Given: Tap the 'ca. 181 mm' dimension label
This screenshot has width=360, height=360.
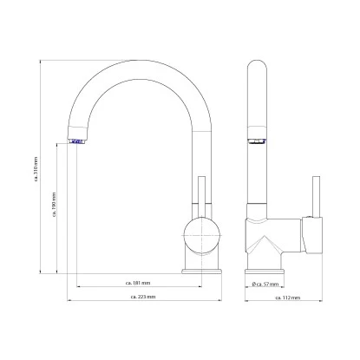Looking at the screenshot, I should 139,284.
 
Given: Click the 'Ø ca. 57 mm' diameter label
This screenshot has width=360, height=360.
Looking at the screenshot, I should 264,284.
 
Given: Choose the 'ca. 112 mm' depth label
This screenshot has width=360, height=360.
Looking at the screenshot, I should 289,298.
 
